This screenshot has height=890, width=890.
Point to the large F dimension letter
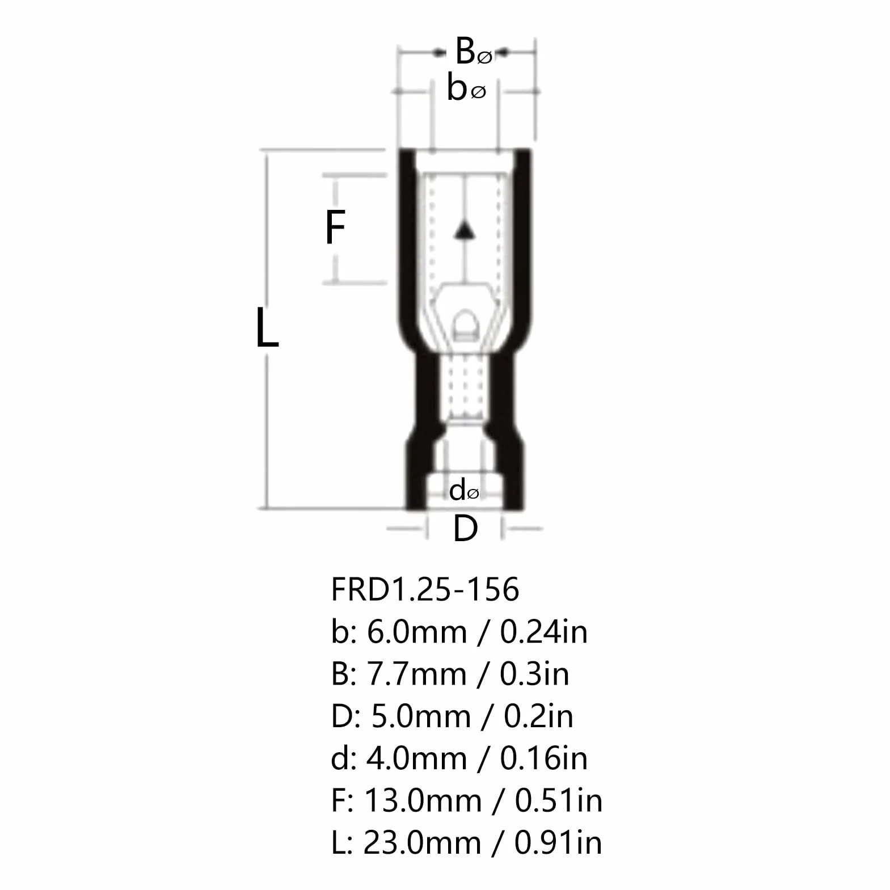[x=335, y=227]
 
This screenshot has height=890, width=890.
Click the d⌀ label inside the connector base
[x=464, y=490]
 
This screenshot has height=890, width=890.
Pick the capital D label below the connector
[x=465, y=529]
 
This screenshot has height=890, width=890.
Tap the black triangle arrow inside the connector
[x=465, y=229]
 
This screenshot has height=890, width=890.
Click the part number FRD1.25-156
[x=425, y=589]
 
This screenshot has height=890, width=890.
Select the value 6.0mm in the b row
[x=417, y=631]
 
